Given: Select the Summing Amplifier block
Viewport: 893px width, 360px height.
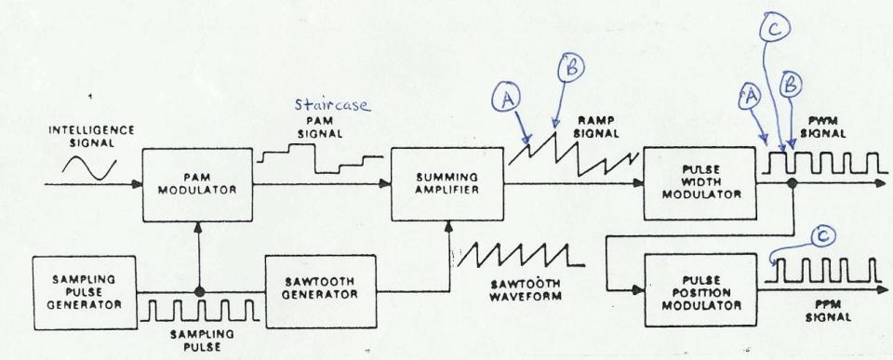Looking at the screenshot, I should click(x=446, y=185).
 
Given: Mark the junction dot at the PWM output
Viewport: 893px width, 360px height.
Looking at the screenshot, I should click(x=791, y=185).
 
